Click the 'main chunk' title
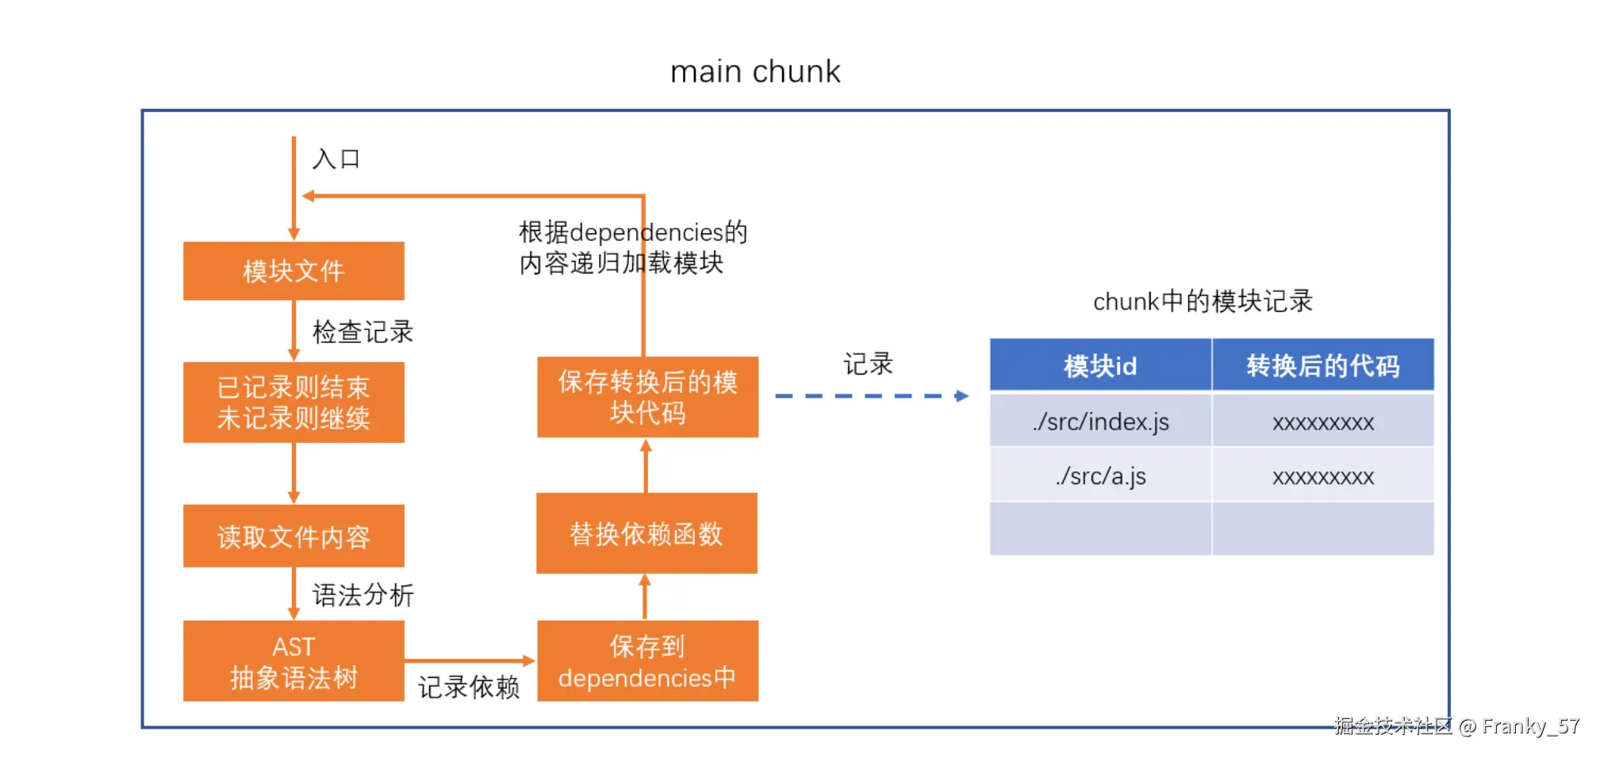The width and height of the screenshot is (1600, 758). [x=754, y=71]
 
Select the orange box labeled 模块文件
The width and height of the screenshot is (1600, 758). [x=294, y=271]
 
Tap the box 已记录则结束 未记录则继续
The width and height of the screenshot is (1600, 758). [x=294, y=402]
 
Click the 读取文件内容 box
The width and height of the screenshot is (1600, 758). [x=294, y=537]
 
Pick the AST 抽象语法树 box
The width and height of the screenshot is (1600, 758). [x=294, y=661]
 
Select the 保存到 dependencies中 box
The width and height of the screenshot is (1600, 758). [x=647, y=661]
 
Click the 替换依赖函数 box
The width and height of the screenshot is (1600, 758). [x=647, y=533]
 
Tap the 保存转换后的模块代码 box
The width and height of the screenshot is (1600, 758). [x=647, y=397]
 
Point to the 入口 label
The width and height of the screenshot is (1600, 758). [x=336, y=159]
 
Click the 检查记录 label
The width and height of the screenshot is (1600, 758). [x=363, y=332]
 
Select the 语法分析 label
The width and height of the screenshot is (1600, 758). [x=363, y=594]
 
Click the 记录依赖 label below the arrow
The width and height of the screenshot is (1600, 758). [x=468, y=687]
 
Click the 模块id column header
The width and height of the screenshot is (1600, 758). [x=1100, y=366]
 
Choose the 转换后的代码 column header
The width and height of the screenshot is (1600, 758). [x=1322, y=366]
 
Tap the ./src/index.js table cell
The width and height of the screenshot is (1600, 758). [x=1100, y=421]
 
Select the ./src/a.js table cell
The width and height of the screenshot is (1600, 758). [x=1100, y=476]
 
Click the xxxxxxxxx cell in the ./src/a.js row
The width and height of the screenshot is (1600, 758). [x=1322, y=476]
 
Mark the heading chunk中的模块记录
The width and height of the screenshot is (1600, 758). [x=1203, y=302]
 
